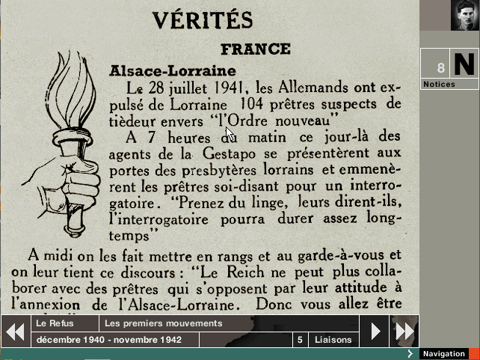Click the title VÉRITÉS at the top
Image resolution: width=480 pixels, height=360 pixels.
[x=202, y=20]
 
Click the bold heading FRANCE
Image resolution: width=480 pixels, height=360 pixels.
[x=255, y=49]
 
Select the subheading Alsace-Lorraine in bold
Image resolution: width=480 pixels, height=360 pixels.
[x=173, y=70]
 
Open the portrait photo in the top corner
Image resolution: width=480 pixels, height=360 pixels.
[x=465, y=15]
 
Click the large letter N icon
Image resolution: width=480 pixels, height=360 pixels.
[x=464, y=64]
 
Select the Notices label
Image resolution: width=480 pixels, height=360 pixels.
[x=439, y=85]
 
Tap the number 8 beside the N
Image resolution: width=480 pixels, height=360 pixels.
[x=441, y=68]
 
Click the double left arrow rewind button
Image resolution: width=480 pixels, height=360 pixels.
[x=15, y=331]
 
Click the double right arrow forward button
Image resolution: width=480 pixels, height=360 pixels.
[x=404, y=331]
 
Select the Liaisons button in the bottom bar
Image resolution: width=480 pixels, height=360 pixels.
[x=333, y=340]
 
